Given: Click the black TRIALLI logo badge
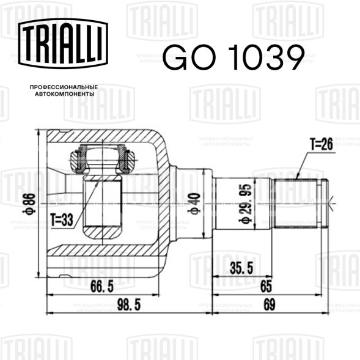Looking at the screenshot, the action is click(x=63, y=43).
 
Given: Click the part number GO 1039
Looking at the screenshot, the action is click(x=234, y=57).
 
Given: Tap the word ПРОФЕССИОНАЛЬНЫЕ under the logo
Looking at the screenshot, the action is click(x=64, y=87).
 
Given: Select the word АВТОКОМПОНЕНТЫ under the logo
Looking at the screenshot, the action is click(x=65, y=94).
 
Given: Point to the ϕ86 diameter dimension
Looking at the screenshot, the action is click(x=29, y=204).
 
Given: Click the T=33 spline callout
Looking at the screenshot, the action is click(x=62, y=219).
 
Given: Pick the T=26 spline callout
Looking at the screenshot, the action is click(x=321, y=144).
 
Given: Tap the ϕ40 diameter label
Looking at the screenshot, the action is click(x=194, y=204).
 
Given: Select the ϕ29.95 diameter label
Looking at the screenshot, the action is click(x=245, y=204).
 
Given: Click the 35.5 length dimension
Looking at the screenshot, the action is click(x=241, y=268).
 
